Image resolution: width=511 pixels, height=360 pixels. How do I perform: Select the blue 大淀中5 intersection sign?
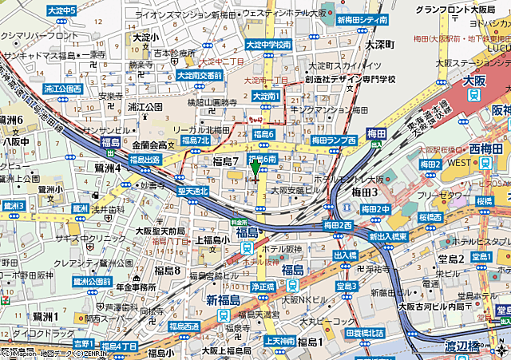click(61, 10)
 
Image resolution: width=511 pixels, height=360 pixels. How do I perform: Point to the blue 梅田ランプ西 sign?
click(334, 140)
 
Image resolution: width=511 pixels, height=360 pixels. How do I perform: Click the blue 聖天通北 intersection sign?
click(192, 191)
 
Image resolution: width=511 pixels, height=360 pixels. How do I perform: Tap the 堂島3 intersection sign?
click(346, 285)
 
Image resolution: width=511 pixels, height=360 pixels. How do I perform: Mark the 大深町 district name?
click(381, 45)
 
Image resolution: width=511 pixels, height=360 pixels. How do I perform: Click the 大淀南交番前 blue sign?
click(200, 76)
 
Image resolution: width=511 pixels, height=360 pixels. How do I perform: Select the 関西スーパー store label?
click(110, 318)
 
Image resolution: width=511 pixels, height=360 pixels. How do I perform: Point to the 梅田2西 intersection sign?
click(338, 226)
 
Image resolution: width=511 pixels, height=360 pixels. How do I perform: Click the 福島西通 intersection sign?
click(184, 326)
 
